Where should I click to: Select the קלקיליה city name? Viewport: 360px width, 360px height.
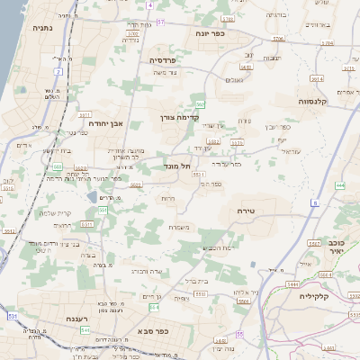[334, 296]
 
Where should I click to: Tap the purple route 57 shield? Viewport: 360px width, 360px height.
[161, 20]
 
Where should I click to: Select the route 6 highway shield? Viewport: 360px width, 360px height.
[316, 203]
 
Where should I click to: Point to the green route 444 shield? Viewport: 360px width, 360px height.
[339, 185]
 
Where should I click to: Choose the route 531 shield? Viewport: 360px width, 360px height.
[13, 317]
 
